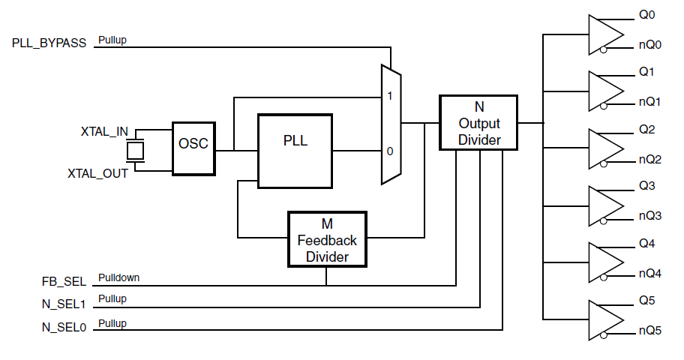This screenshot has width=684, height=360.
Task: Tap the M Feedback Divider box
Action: click(327, 239)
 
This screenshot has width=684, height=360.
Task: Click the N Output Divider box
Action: click(478, 122)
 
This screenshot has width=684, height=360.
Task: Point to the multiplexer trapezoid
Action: click(391, 124)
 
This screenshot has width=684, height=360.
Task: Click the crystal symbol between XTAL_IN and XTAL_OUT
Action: click(135, 151)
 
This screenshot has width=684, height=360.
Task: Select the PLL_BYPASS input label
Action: click(49, 43)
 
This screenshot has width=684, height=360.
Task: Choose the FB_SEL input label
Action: click(64, 282)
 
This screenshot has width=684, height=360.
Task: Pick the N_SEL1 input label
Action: click(64, 304)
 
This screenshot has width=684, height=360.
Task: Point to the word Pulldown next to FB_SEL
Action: click(118, 277)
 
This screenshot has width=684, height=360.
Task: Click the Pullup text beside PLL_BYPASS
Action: click(112, 40)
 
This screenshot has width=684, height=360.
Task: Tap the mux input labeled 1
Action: click(390, 97)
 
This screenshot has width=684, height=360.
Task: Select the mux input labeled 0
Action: click(390, 151)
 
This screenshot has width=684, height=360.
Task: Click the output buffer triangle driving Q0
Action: click(604, 34)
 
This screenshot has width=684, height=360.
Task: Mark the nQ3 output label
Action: click(649, 216)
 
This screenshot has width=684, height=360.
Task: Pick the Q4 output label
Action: click(646, 244)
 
